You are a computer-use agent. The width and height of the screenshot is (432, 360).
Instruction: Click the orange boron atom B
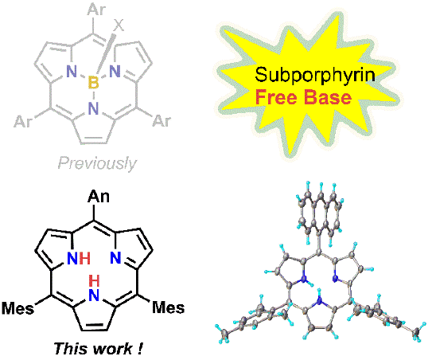tap(93, 83)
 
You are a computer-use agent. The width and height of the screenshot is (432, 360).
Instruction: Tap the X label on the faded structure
tap(119, 25)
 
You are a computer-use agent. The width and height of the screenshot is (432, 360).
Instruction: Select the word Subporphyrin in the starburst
tap(315, 76)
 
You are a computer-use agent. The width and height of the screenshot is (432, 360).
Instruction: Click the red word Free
tap(278, 97)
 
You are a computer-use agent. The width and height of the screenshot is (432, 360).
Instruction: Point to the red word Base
tap(328, 97)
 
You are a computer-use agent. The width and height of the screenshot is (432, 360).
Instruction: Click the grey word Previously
tap(97, 163)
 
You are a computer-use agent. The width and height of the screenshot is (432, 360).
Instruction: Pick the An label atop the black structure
tap(99, 197)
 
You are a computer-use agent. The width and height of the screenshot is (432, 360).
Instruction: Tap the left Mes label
tap(18, 308)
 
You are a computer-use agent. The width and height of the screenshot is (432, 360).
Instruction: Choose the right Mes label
tap(169, 307)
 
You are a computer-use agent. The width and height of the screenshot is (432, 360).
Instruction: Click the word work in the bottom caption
tap(113, 349)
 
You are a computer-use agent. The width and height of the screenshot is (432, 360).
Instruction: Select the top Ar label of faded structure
tap(96, 9)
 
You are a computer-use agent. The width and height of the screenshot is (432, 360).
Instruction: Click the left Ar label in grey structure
tap(23, 121)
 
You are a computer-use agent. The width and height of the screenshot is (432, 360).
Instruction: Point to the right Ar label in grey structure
tap(162, 120)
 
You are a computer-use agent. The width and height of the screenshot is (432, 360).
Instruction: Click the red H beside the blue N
tap(84, 259)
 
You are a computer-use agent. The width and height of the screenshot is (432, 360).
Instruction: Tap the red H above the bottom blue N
tap(94, 281)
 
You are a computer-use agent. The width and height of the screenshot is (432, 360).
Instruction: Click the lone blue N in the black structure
tap(115, 258)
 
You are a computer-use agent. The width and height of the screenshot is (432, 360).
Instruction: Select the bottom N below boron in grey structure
tap(93, 108)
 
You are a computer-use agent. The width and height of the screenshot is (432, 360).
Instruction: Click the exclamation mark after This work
tap(140, 349)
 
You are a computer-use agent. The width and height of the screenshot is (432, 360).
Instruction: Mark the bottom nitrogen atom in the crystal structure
tap(320, 302)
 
